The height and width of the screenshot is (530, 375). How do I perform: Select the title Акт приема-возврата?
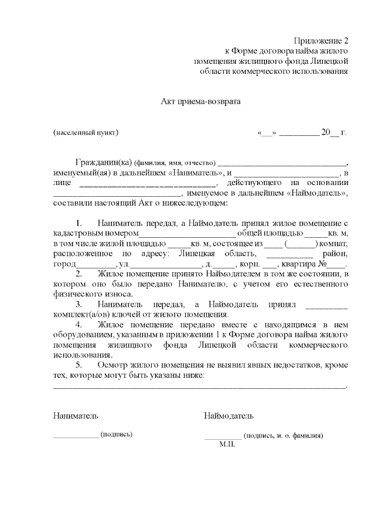tap(201, 101)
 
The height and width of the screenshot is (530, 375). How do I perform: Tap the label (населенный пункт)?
tap(86, 132)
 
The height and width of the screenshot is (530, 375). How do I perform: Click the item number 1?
tap(79, 224)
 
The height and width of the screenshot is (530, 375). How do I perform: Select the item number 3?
tap(79, 305)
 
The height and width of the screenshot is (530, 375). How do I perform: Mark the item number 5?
tap(79, 365)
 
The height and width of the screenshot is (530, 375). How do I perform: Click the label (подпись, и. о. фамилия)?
tap(284, 436)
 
